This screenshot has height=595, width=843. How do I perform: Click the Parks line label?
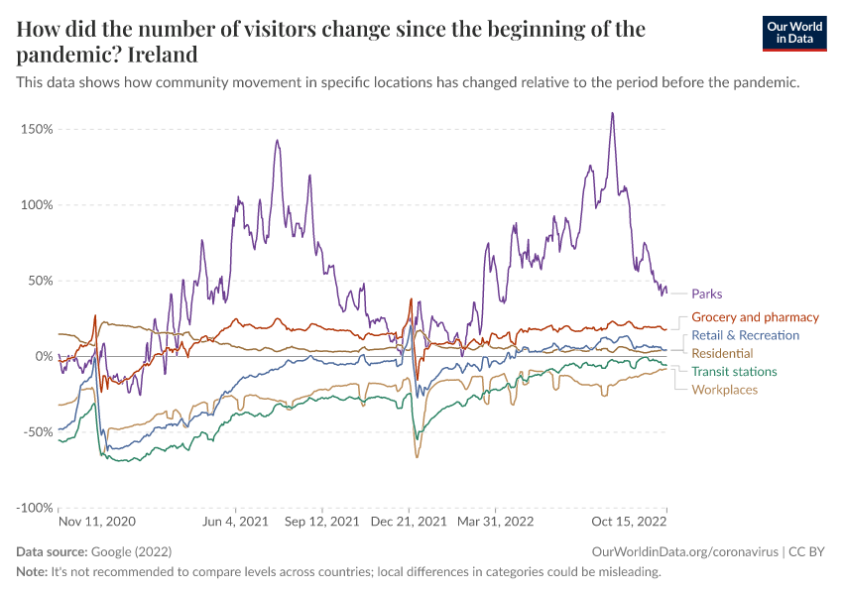click(707, 294)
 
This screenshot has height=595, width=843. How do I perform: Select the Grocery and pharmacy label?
click(755, 317)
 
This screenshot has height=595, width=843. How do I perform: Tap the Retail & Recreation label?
click(745, 335)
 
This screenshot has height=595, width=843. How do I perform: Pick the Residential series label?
click(722, 353)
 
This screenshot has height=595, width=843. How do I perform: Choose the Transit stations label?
click(734, 372)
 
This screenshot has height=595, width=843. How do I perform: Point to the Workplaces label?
click(724, 390)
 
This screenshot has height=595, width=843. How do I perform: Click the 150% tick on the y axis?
click(36, 129)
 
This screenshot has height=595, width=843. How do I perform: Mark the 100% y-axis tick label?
click(36, 205)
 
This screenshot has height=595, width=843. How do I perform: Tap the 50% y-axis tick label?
click(40, 281)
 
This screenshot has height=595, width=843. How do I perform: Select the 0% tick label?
click(44, 356)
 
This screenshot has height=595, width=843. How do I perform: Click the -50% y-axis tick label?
click(37, 431)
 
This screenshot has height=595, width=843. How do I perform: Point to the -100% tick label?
click(34, 508)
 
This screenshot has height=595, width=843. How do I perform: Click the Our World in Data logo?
click(794, 33)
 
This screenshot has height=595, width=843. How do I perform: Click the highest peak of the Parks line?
click(612, 113)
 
